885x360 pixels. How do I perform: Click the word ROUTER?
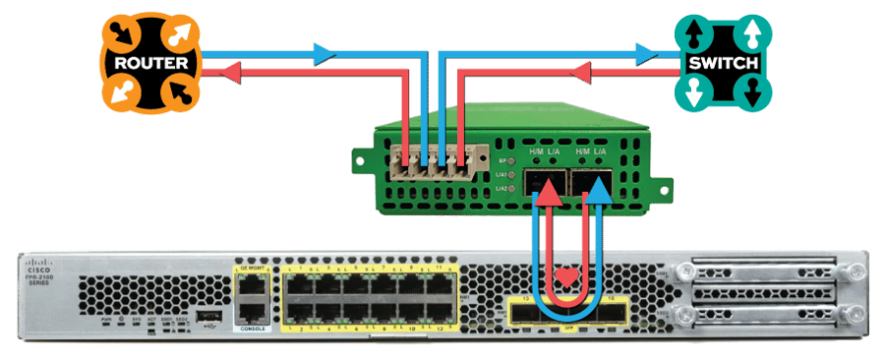pyautogui.click(x=152, y=62)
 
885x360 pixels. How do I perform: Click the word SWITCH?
pyautogui.click(x=723, y=63)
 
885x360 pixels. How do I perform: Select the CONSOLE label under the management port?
pyautogui.click(x=254, y=328)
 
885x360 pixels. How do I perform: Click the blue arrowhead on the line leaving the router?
pyautogui.click(x=323, y=54)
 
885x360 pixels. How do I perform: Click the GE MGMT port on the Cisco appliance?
pyautogui.click(x=254, y=286)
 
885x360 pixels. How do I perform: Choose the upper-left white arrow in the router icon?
pyautogui.click(x=123, y=31)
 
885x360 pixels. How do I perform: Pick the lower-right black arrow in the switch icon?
pyautogui.click(x=752, y=94)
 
